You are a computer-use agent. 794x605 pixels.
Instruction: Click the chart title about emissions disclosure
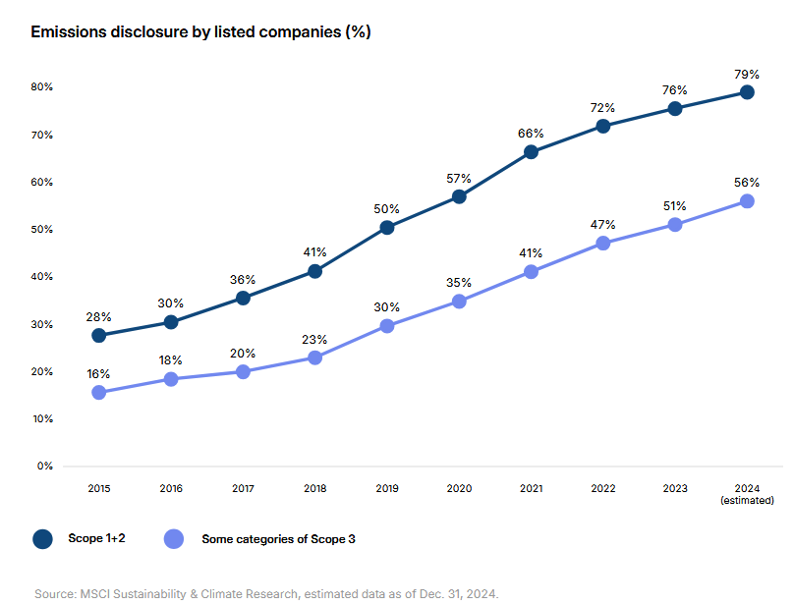point(200,31)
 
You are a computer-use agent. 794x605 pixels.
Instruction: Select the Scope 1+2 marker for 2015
point(98,335)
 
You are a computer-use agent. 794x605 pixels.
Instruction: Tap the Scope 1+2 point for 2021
point(531,151)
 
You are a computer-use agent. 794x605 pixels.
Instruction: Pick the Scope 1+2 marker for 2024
point(747,92)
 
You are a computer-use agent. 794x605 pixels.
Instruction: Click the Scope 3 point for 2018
point(314,357)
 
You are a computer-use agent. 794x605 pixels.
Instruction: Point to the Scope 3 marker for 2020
point(459,302)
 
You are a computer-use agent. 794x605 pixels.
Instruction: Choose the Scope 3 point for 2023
point(675,225)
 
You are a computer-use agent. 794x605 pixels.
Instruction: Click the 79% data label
point(747,74)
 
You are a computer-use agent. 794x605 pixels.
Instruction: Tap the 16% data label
point(98,374)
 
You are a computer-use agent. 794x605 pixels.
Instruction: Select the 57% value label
point(459,179)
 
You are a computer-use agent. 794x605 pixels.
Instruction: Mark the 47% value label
point(603,225)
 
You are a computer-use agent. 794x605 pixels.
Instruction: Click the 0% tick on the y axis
point(43,466)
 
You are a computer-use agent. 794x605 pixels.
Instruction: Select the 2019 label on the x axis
point(387,487)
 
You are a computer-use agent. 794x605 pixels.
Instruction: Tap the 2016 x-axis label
point(171,487)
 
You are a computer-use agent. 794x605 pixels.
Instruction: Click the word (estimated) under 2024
point(747,500)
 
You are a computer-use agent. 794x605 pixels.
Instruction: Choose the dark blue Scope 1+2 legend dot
point(42,538)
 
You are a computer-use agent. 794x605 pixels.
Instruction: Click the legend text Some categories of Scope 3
point(278,538)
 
